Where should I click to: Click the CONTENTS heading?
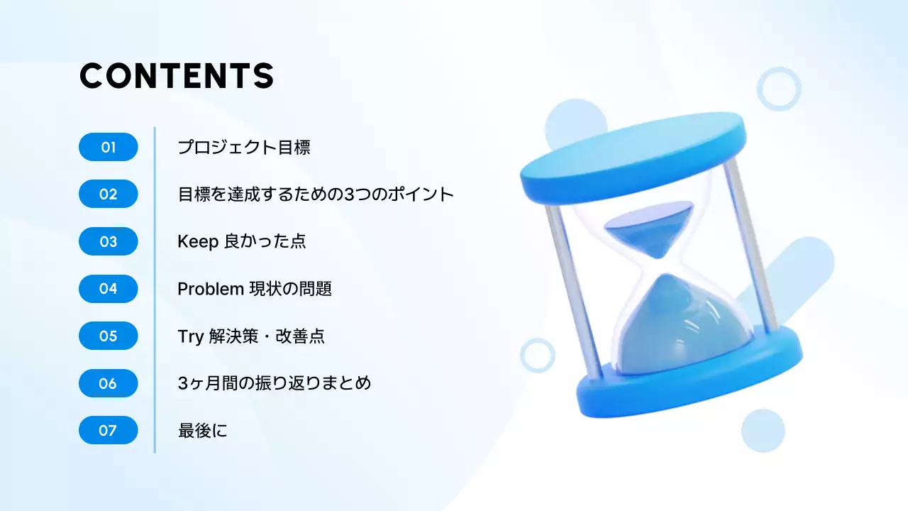tap(176, 76)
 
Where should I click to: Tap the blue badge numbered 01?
tap(108, 148)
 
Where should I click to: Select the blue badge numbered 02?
tap(108, 194)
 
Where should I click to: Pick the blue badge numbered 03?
tap(108, 242)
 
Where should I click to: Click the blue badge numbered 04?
tap(108, 289)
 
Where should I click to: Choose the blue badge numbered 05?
tap(108, 336)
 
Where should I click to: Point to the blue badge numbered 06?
tap(108, 383)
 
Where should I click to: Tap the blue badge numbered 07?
tap(108, 430)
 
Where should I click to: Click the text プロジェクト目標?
tap(244, 148)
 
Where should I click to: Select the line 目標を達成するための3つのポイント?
tap(316, 194)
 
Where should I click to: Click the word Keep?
tap(197, 242)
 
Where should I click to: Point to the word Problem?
tap(211, 289)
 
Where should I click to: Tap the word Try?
tap(190, 336)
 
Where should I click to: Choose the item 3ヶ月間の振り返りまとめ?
tap(275, 383)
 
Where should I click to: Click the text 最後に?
tap(203, 430)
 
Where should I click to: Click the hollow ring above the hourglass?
tap(779, 89)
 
